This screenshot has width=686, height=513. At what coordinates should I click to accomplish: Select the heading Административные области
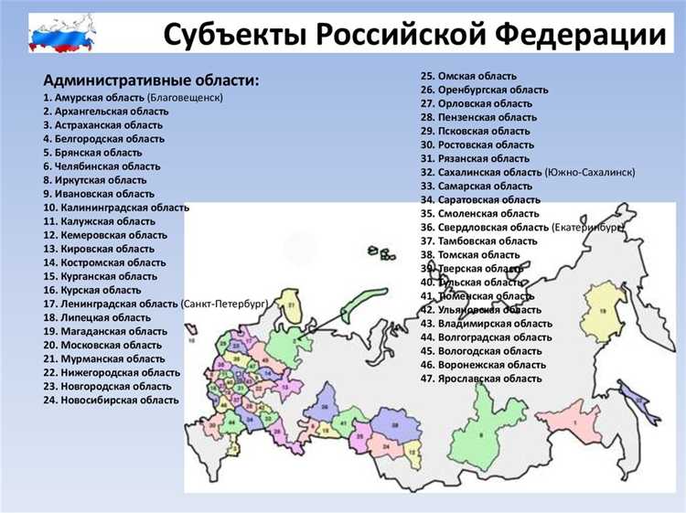tap(150, 80)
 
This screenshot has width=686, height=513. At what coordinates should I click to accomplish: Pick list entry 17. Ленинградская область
tap(110, 304)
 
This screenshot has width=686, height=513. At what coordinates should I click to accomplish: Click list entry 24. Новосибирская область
tap(111, 400)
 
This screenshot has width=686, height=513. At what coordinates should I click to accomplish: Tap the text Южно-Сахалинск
tap(590, 172)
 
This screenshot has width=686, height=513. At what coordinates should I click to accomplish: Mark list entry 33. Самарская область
tap(476, 186)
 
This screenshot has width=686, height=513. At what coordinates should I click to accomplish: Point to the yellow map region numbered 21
tap(292, 306)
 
